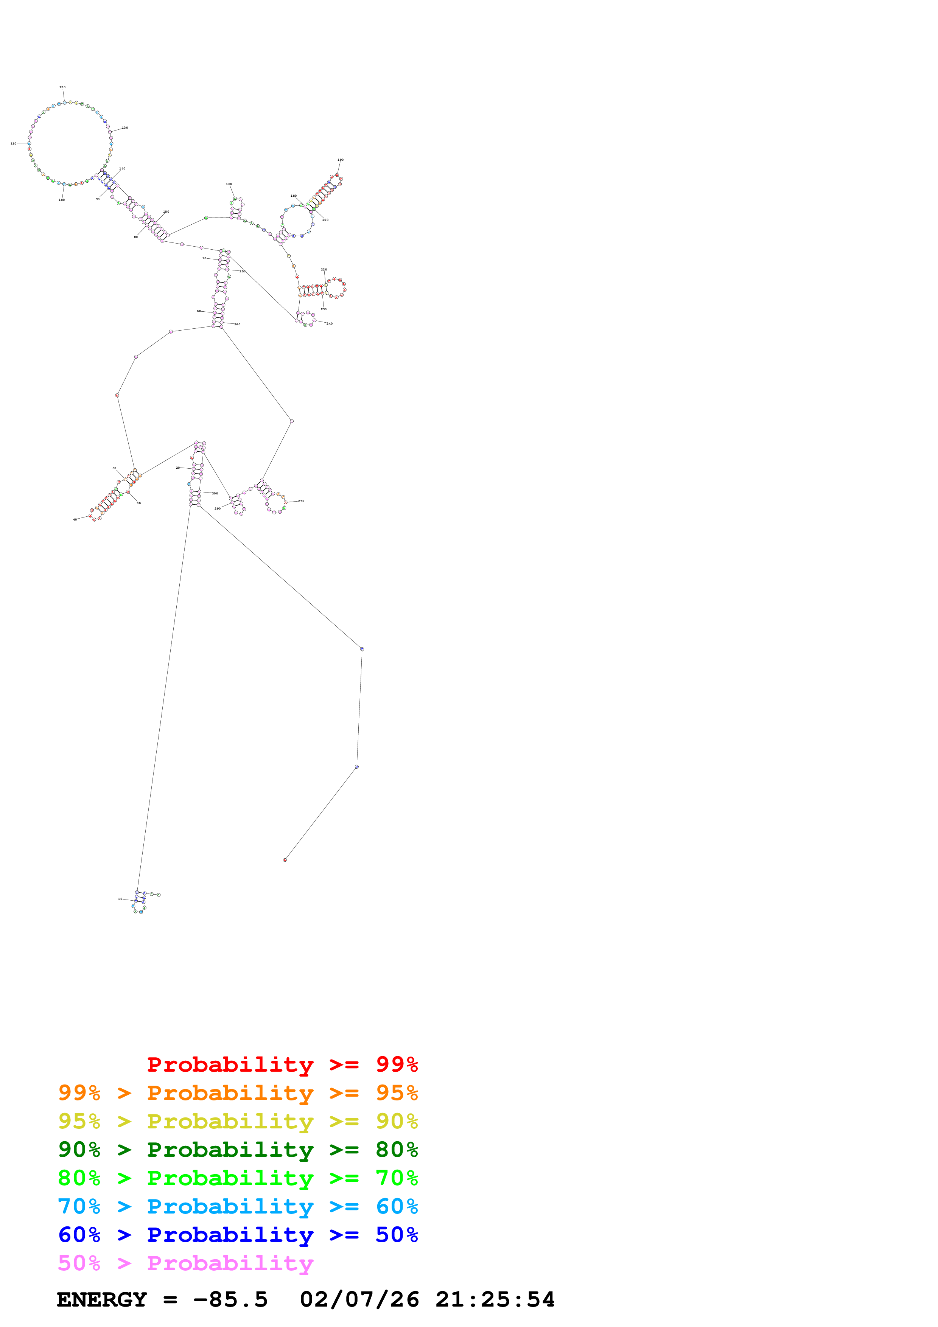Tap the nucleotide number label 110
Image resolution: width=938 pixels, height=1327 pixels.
click(x=13, y=143)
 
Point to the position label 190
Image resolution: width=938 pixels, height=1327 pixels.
click(x=341, y=160)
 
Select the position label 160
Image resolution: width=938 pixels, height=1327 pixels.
click(x=229, y=184)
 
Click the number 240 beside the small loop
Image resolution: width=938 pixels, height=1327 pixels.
click(x=330, y=324)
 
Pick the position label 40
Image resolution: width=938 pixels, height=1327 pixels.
click(x=75, y=520)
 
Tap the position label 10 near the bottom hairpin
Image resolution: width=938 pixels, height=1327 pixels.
click(x=120, y=899)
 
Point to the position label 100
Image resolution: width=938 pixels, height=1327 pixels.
click(x=62, y=200)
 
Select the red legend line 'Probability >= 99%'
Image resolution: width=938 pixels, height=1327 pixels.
click(x=282, y=1064)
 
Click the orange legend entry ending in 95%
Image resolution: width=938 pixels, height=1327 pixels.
click(x=238, y=1092)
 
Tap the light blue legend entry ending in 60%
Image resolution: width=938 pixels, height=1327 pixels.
click(x=238, y=1206)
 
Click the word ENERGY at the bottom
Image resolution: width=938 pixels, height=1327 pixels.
click(x=102, y=1299)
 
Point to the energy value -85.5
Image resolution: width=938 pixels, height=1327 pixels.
click(x=230, y=1299)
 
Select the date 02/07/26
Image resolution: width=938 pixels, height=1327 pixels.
click(x=359, y=1299)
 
